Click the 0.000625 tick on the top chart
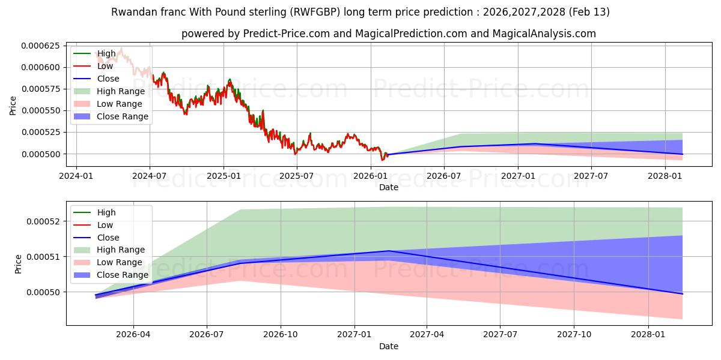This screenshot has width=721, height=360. [41, 46]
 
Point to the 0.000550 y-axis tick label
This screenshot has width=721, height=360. [41, 111]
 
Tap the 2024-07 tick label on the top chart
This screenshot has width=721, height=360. [149, 176]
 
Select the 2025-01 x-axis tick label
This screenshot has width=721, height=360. [224, 176]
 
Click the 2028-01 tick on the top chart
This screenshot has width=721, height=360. [665, 176]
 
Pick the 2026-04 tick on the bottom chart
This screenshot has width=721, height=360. [133, 335]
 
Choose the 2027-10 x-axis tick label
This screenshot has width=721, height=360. [574, 335]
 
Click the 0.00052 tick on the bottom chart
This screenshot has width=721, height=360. [46, 221]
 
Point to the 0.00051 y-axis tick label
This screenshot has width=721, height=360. [46, 257]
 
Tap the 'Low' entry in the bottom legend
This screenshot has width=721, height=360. [105, 225]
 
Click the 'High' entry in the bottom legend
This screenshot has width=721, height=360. [106, 212]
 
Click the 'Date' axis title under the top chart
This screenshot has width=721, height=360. [388, 187]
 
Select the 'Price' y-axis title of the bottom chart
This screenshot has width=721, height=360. [19, 264]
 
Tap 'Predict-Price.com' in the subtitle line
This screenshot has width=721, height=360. [286, 34]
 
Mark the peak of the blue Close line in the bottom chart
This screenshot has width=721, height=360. [389, 251]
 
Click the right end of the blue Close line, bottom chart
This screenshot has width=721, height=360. [683, 294]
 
